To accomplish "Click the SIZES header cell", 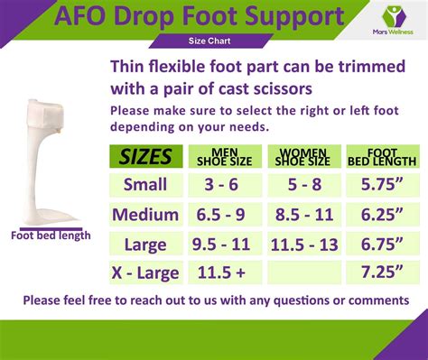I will (x=145, y=157).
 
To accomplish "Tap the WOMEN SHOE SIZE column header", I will (x=303, y=156).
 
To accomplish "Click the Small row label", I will (x=145, y=186).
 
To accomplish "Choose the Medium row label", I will (x=145, y=215).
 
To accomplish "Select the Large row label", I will (x=145, y=244).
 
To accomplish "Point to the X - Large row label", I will (x=145, y=272).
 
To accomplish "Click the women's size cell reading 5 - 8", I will (x=303, y=186).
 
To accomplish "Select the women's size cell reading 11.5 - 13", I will (x=303, y=244).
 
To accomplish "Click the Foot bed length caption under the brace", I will (x=51, y=235).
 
